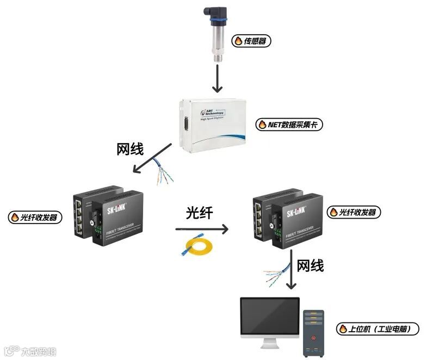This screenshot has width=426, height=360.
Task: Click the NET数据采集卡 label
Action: pos(291,125)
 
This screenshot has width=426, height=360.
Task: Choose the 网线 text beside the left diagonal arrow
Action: pos(132,149)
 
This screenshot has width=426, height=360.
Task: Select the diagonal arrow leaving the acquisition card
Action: pos(155,158)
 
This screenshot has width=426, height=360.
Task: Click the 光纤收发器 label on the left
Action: pos(36,218)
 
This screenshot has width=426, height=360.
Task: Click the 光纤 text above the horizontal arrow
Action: pos(199,213)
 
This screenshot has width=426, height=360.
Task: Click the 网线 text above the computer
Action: pos(310,265)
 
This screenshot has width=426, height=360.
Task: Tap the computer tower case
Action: pos(313,333)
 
